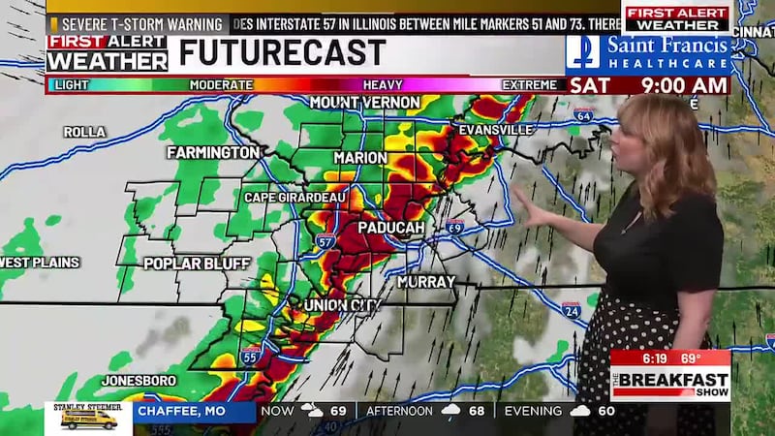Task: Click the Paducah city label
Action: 391,227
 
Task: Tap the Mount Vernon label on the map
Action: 364,103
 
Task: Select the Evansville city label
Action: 495,130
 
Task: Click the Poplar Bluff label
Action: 198,264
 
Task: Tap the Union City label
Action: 341,305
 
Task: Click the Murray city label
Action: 426,282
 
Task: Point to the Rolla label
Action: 84,132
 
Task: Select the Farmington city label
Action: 213,153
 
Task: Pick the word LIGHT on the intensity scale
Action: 72,85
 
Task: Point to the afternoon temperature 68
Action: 478,412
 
